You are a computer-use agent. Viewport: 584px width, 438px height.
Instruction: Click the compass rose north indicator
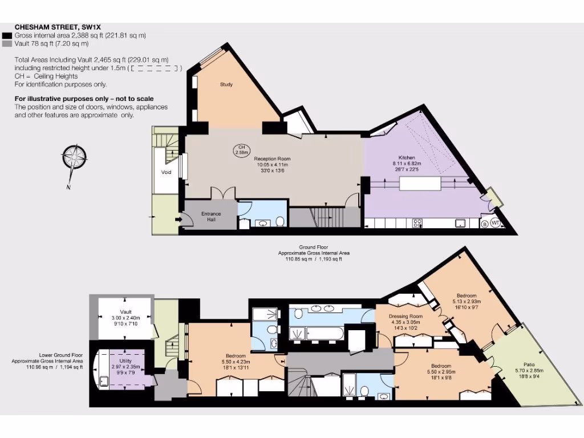[75, 158]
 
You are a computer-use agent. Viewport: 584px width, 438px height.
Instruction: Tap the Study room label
[226, 85]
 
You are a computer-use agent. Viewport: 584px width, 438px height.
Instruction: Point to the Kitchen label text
[407, 157]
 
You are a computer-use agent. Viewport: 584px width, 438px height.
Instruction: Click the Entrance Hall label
[211, 217]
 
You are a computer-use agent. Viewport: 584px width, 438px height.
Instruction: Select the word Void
[167, 171]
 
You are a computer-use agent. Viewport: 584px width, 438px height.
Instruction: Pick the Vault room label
[125, 312]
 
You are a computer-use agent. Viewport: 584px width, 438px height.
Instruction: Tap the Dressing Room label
[405, 317]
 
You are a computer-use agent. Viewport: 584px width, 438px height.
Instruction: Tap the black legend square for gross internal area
[7, 35]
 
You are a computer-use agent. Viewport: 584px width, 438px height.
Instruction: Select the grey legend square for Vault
[7, 43]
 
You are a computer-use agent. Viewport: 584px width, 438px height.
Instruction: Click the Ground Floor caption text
[313, 248]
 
